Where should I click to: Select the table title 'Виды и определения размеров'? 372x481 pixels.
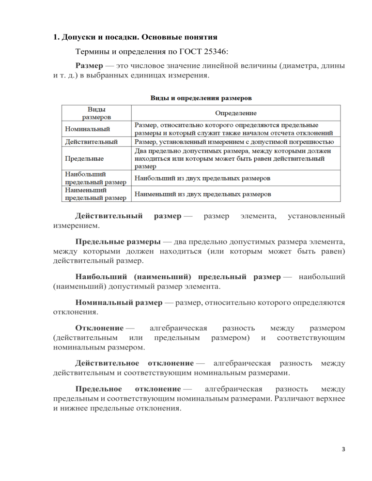click(201, 97)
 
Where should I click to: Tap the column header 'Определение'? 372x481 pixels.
click(236, 113)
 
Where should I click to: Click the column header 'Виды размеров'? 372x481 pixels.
click(95, 113)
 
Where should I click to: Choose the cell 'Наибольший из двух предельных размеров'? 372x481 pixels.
click(202, 178)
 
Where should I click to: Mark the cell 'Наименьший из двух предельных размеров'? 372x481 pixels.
click(202, 194)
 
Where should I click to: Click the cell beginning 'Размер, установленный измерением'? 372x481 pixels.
click(233, 142)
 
